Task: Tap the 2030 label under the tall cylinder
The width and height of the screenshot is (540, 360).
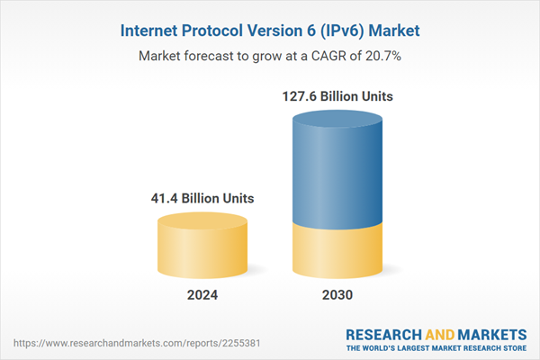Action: [337, 295]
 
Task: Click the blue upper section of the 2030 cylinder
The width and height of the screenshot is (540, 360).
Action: [337, 171]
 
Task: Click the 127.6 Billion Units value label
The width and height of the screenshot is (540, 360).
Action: [338, 94]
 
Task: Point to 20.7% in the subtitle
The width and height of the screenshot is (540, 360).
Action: [381, 56]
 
